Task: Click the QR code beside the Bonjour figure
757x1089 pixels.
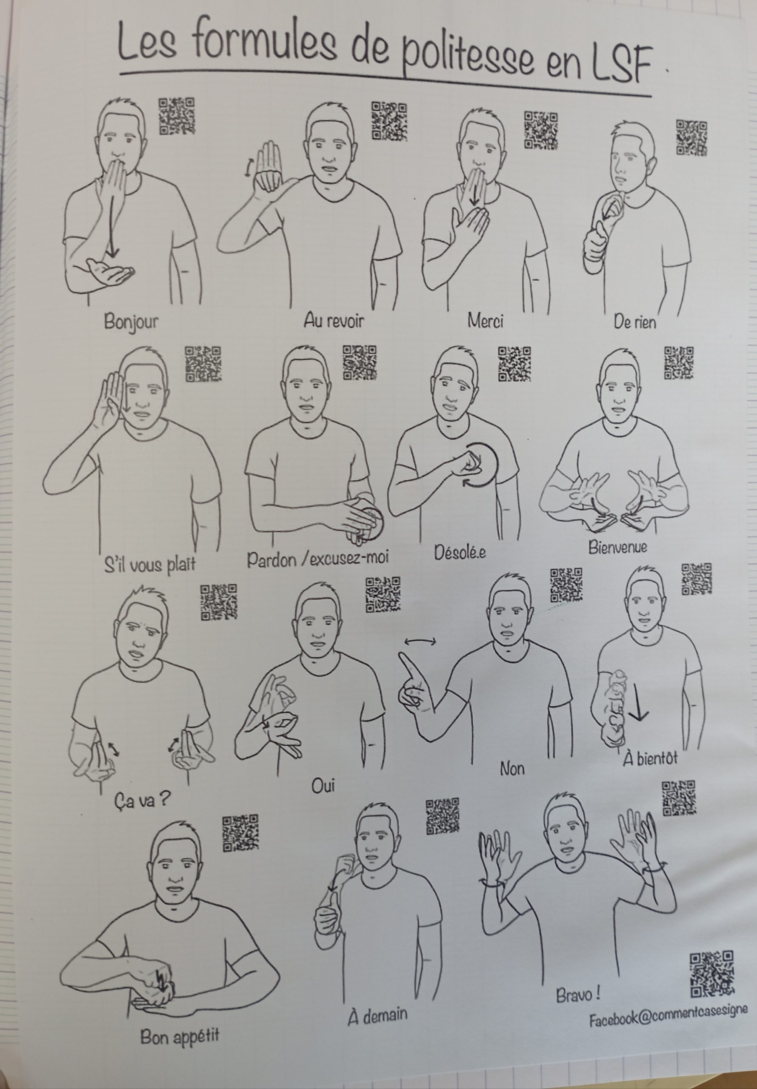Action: point(177,116)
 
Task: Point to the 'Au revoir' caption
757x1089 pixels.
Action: point(334,321)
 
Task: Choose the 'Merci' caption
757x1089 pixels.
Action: point(485,321)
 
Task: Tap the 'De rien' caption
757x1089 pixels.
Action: point(634,322)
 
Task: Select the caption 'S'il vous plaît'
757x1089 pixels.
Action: point(150,564)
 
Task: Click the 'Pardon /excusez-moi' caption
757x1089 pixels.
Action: point(318,558)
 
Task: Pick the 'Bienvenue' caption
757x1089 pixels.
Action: point(617,547)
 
